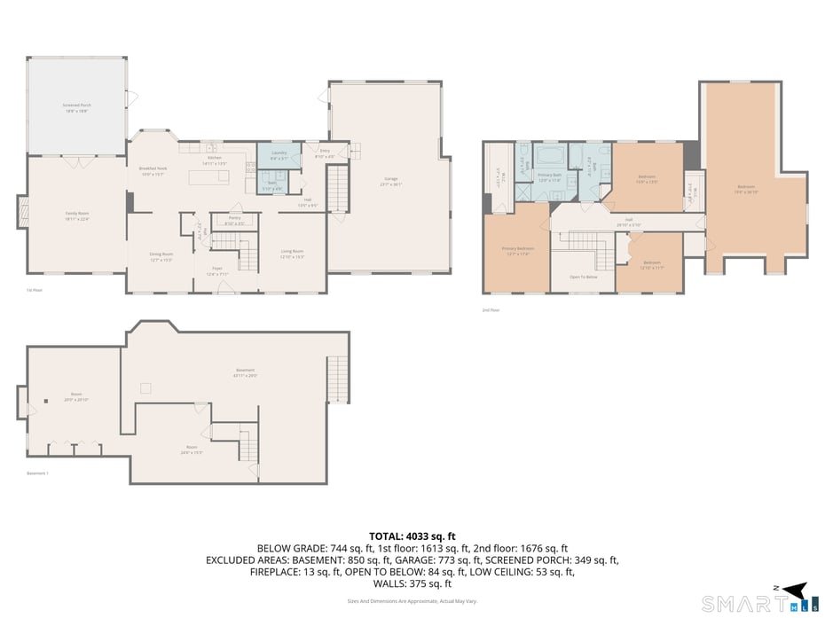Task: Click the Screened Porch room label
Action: click(x=77, y=106)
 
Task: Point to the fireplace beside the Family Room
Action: click(x=23, y=214)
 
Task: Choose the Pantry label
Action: click(x=234, y=220)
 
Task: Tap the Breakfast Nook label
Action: click(x=153, y=170)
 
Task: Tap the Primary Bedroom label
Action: click(x=517, y=250)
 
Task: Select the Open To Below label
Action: click(x=583, y=278)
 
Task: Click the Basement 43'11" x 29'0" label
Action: click(x=245, y=372)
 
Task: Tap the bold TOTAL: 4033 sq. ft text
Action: click(x=412, y=536)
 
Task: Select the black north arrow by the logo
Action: click(x=795, y=590)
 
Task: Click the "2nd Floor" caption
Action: click(x=491, y=310)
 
